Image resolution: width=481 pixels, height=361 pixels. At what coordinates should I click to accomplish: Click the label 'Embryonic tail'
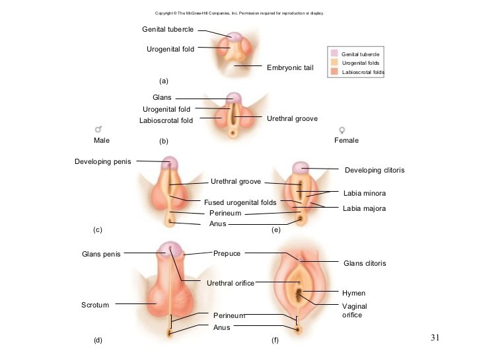coord(289,68)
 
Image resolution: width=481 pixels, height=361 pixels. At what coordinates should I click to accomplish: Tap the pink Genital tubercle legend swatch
coord(334,53)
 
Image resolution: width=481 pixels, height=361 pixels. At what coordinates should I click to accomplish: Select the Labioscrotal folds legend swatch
coord(334,71)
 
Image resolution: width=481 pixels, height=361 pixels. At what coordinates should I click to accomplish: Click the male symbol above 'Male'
coord(99,130)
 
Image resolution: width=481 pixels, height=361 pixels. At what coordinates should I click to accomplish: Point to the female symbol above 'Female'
coord(342,130)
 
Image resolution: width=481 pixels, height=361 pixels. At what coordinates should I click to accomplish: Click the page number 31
coord(434,338)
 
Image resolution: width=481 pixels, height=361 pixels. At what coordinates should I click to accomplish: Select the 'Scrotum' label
coord(94,305)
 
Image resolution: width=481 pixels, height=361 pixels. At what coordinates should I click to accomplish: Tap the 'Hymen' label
coord(353,293)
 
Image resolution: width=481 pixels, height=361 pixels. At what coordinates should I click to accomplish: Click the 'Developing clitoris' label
coord(374,171)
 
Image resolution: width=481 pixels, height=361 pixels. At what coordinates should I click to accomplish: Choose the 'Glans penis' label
coord(101,254)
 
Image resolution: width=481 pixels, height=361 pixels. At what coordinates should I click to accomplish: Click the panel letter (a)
coord(165,81)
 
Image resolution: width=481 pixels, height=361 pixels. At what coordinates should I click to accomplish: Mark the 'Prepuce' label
coord(227,253)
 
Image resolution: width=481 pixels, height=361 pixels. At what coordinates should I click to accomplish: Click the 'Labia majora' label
coord(364,209)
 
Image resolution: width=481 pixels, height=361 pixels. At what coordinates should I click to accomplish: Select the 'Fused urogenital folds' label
coord(240,202)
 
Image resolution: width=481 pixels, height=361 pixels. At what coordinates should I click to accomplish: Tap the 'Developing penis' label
coord(103,161)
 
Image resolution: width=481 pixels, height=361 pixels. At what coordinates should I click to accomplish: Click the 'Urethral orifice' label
coord(231,283)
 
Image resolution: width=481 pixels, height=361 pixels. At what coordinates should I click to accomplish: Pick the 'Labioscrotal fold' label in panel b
coord(166,121)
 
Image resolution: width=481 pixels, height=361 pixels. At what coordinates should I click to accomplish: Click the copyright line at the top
coord(239,13)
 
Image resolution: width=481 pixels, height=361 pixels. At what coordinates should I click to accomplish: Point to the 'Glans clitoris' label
coord(365,263)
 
